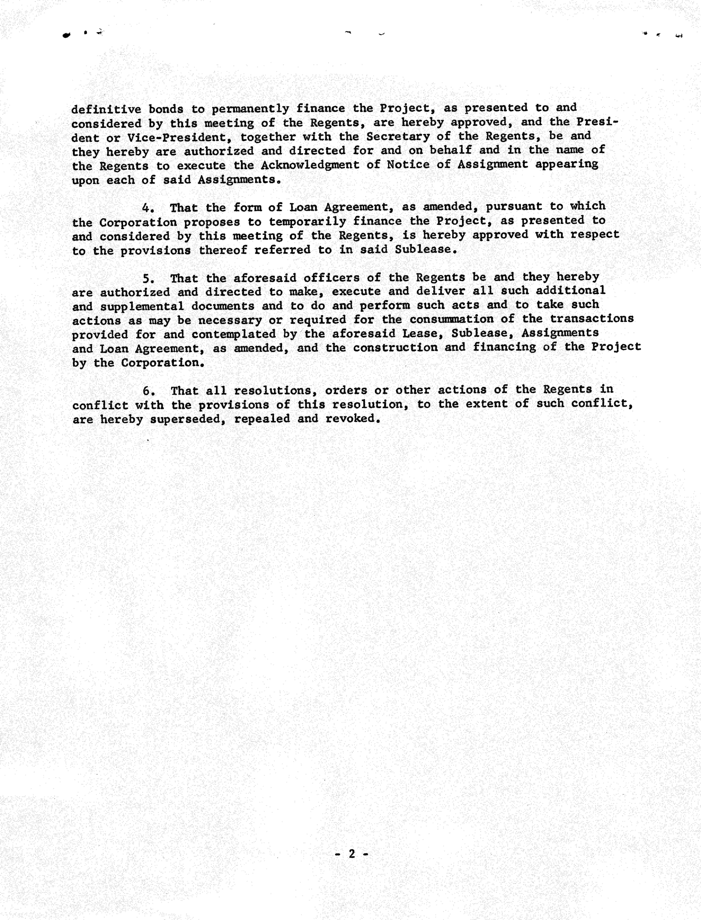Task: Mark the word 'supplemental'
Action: (x=142, y=306)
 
